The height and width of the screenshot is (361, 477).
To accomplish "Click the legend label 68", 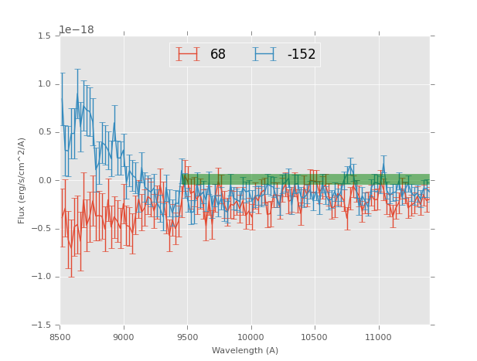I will pos(218,55).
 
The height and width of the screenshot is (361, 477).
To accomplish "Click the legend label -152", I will pos(302,55).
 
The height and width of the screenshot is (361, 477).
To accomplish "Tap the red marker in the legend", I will pos(187,55).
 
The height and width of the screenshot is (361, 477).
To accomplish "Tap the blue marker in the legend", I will pos(264,55).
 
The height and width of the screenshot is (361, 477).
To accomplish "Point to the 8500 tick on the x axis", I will pos(60,337).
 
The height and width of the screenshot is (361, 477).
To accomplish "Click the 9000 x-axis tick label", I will pos(124,337).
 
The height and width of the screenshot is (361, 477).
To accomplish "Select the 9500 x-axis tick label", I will pos(187,337).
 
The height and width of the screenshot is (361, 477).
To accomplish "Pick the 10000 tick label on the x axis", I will pos(250,337).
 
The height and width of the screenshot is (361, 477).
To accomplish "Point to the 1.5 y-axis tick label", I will pos(45,36).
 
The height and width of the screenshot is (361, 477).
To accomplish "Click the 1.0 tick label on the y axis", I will pos(45,84).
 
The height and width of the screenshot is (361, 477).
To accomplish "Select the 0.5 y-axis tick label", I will pos(45,132).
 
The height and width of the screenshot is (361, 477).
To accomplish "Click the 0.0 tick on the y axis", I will pos(45,181).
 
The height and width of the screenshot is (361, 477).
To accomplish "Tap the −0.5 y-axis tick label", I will pos(43,229).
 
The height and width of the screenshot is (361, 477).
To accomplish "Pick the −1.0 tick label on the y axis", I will pos(43,277).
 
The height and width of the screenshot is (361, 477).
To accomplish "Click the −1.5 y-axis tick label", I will pos(43,325).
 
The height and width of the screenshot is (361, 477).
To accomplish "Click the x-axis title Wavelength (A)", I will pos(245,351).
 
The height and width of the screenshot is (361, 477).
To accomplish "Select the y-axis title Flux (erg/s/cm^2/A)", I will pos(22,180).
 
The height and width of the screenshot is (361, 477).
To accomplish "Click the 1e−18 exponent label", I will pos(77,30).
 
